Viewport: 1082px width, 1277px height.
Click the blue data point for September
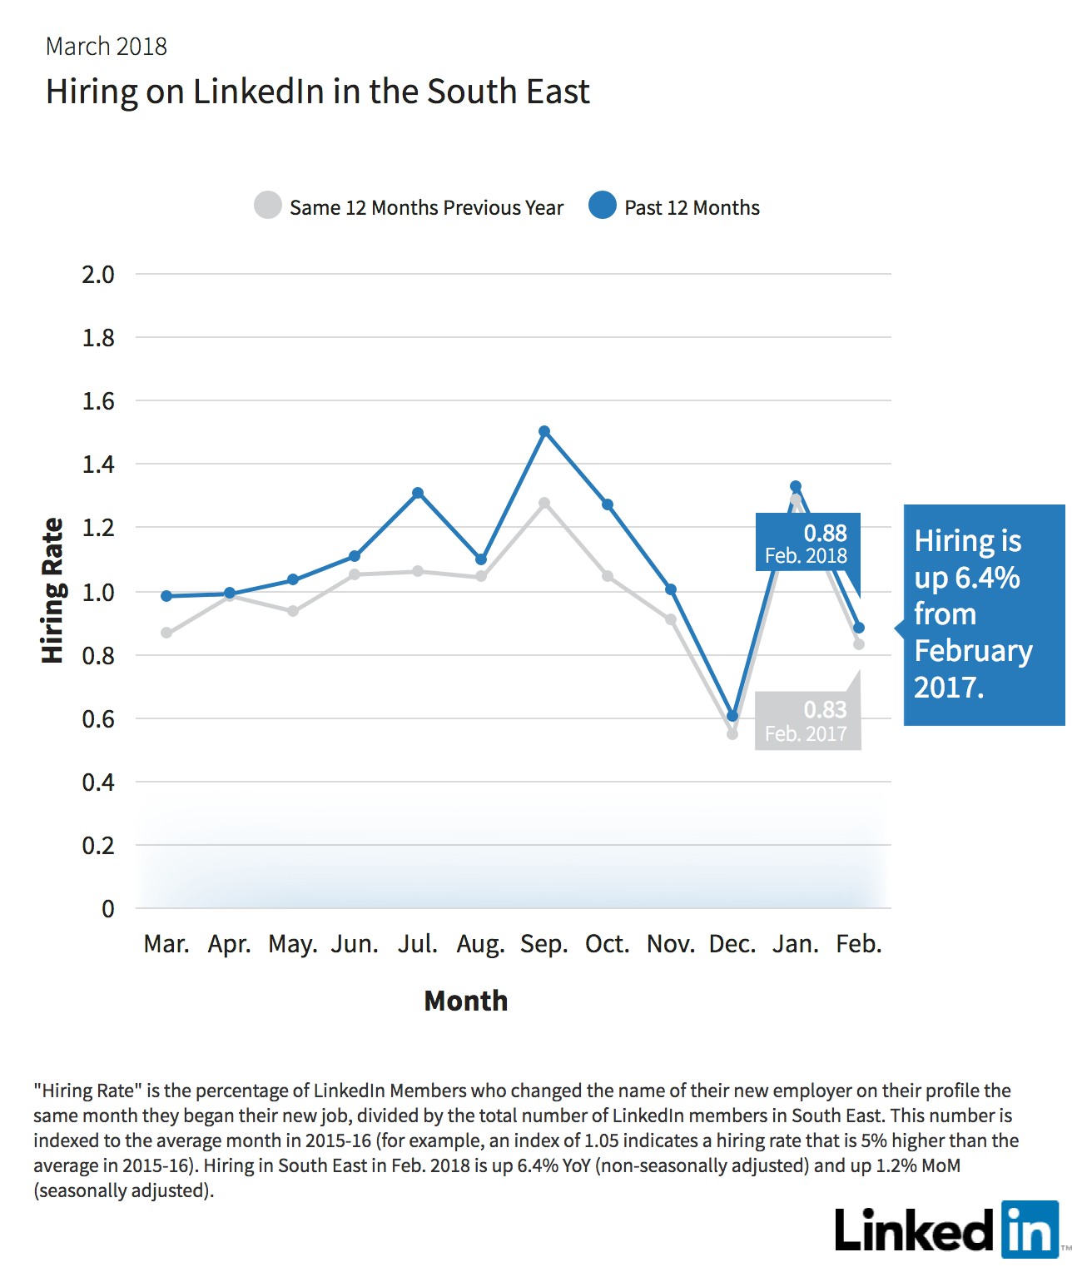pyautogui.click(x=544, y=431)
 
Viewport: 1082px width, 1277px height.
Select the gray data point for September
pyautogui.click(x=544, y=503)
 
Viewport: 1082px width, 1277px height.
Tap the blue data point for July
pyautogui.click(x=418, y=492)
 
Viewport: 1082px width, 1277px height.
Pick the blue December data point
pyautogui.click(x=732, y=715)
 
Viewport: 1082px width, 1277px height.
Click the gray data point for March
pyautogui.click(x=166, y=633)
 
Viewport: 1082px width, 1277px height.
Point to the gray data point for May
pyautogui.click(x=293, y=611)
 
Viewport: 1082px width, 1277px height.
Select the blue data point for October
pyautogui.click(x=607, y=504)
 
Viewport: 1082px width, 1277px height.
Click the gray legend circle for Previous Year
pyautogui.click(x=268, y=205)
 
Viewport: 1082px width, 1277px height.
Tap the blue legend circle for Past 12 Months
pyautogui.click(x=602, y=205)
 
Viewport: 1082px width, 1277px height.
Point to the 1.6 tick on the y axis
pyautogui.click(x=98, y=401)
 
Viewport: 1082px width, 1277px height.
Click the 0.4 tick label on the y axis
pyautogui.click(x=98, y=783)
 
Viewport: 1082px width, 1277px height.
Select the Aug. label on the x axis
pyautogui.click(x=480, y=945)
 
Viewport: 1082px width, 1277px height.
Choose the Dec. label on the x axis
pyautogui.click(x=732, y=944)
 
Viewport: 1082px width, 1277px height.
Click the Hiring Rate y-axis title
pyautogui.click(x=52, y=590)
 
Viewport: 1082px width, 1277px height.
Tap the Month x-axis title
pyautogui.click(x=465, y=1001)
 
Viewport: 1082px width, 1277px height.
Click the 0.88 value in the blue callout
pyautogui.click(x=825, y=533)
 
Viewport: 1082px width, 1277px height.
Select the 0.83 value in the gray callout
pyautogui.click(x=825, y=710)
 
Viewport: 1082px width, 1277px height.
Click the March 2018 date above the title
pyautogui.click(x=107, y=47)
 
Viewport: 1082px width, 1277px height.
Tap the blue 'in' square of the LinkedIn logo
pyautogui.click(x=1030, y=1230)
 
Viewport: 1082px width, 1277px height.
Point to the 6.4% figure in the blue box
pyautogui.click(x=987, y=578)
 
